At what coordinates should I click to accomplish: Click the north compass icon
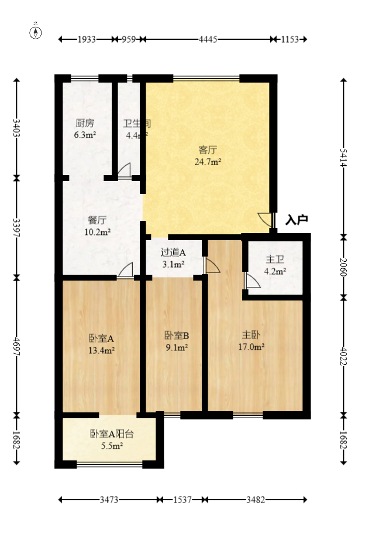[36, 32]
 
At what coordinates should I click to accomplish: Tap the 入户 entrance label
[297, 220]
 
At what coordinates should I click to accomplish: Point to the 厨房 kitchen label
[84, 124]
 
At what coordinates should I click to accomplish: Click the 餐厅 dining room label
[97, 220]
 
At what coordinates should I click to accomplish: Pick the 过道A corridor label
[173, 252]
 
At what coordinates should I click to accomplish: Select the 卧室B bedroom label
[176, 336]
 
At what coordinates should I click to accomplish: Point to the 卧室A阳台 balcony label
[112, 434]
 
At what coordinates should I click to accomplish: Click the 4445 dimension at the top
[208, 39]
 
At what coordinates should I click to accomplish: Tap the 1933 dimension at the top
[87, 39]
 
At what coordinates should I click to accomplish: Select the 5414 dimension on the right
[343, 156]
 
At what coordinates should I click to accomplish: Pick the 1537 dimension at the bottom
[182, 500]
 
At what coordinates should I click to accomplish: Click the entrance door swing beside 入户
[266, 220]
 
